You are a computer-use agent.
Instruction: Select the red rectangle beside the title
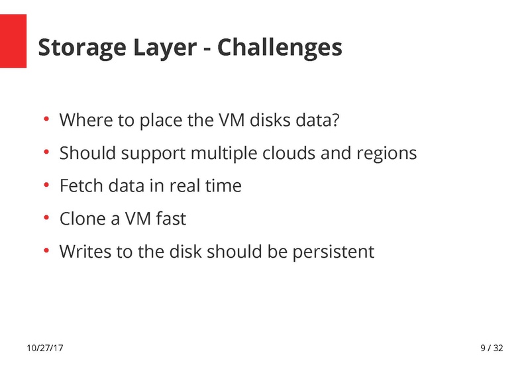pyautogui.click(x=13, y=42)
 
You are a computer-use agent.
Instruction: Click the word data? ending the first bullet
pyautogui.click(x=320, y=121)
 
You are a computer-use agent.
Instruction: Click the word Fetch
pyautogui.click(x=78, y=186)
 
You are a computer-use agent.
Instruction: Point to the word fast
pyautogui.click(x=171, y=219)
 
